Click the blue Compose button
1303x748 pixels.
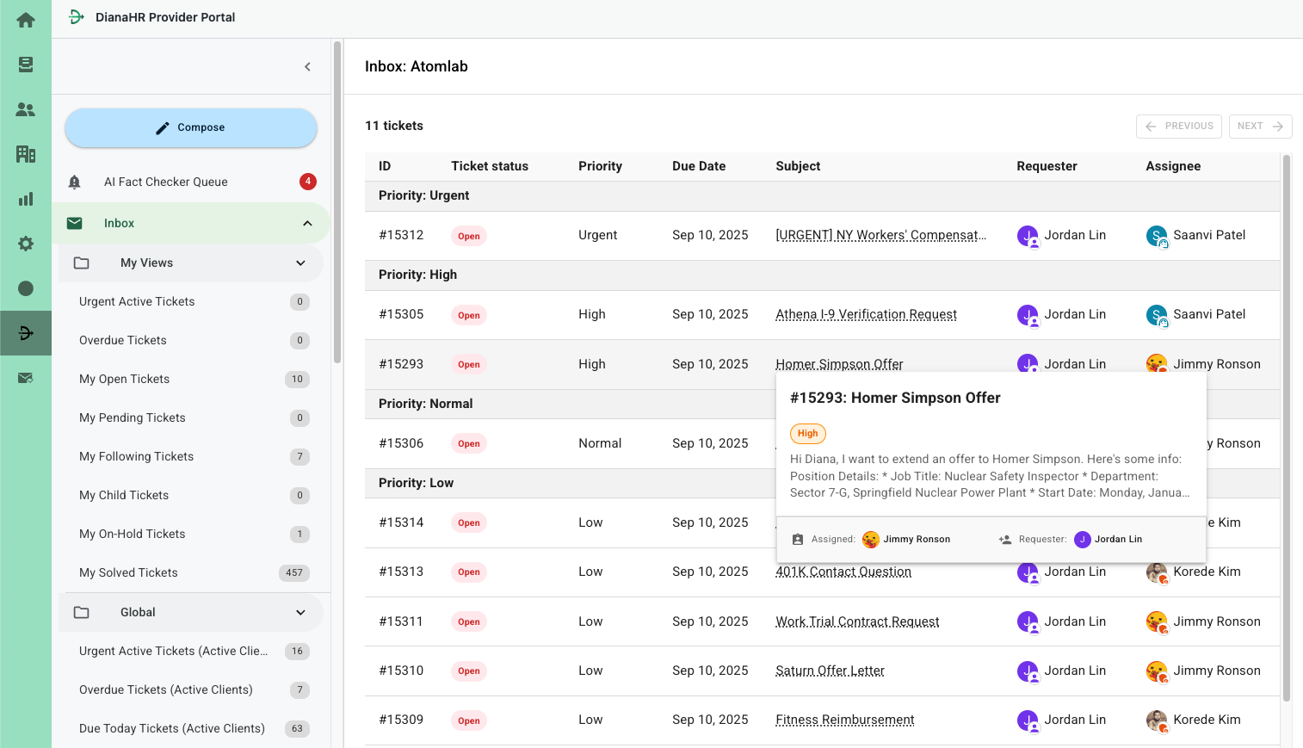pyautogui.click(x=191, y=127)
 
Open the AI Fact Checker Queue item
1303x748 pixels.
pyautogui.click(x=165, y=182)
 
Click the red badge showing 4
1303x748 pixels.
pyautogui.click(x=307, y=182)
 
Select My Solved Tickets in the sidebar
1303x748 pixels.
pyautogui.click(x=128, y=572)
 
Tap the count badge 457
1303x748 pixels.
pyautogui.click(x=294, y=573)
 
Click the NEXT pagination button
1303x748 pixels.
pyautogui.click(x=1260, y=126)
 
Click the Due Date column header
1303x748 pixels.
pyautogui.click(x=698, y=166)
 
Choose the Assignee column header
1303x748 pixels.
pyautogui.click(x=1172, y=166)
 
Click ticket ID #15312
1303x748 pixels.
pyautogui.click(x=401, y=235)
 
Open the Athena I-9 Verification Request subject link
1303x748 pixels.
pyautogui.click(x=866, y=314)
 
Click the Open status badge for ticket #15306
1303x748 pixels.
pyautogui.click(x=469, y=444)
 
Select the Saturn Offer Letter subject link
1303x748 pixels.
pyautogui.click(x=830, y=671)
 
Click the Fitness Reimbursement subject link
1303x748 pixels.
pyautogui.click(x=844, y=720)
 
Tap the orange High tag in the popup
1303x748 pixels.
pyautogui.click(x=807, y=434)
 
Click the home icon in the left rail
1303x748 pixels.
pyautogui.click(x=26, y=20)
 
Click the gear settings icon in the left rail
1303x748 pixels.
pyautogui.click(x=26, y=244)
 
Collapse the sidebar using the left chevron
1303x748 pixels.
pyautogui.click(x=307, y=66)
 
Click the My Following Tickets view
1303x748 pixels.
pyautogui.click(x=136, y=456)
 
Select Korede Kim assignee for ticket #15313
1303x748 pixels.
pyautogui.click(x=1206, y=572)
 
